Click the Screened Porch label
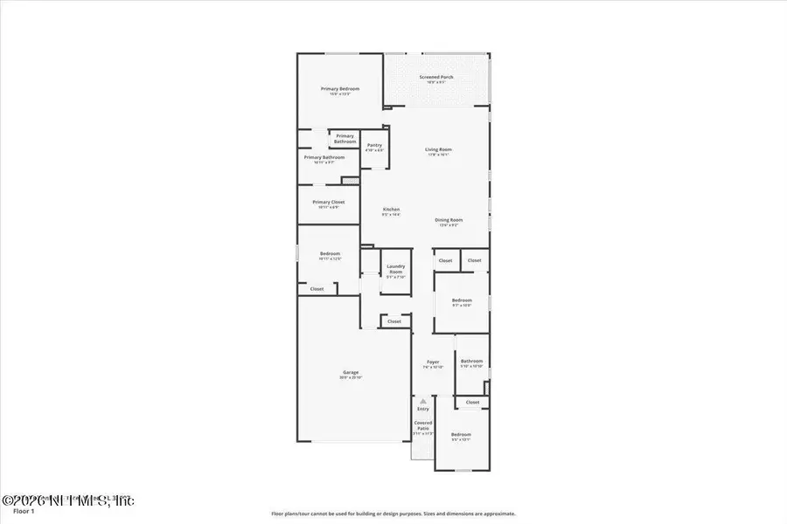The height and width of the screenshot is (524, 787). [x=436, y=78]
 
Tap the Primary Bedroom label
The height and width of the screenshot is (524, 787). [x=339, y=90]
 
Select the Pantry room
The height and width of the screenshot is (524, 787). [x=374, y=147]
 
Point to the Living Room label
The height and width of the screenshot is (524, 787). [x=438, y=150]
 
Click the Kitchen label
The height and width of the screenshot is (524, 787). [x=391, y=210]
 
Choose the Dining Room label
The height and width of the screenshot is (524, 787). [x=449, y=221]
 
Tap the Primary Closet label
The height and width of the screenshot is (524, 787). [x=328, y=203]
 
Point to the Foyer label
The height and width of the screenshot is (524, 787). [x=433, y=363]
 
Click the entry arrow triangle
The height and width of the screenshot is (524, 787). [x=423, y=402]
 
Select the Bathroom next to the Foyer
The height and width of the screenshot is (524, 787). [x=472, y=362]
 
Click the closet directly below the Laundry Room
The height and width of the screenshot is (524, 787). [x=394, y=321]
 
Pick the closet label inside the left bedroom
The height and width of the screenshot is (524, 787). [x=317, y=289]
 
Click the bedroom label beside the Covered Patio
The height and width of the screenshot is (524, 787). [x=461, y=437]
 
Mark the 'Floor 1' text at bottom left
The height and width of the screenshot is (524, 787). [x=13, y=514]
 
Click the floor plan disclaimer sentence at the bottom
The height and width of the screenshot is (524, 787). [x=393, y=514]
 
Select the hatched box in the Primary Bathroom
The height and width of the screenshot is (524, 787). [x=350, y=181]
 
